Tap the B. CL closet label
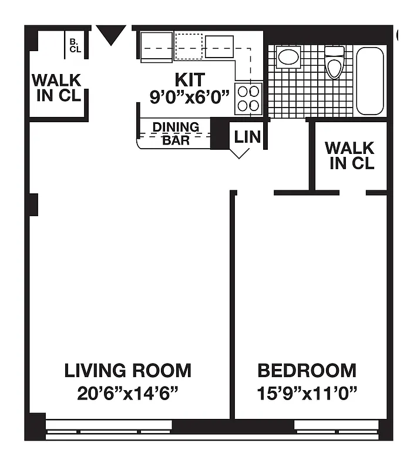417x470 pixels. (x=75, y=45)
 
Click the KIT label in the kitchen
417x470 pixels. (x=190, y=79)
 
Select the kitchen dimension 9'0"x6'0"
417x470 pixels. (x=189, y=97)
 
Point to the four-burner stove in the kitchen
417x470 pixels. (x=248, y=99)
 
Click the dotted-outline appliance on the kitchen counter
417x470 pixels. (x=189, y=46)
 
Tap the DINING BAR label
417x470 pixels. (x=176, y=133)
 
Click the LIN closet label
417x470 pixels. (x=247, y=137)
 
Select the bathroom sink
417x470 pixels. (x=288, y=57)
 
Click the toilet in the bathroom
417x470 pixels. (x=334, y=62)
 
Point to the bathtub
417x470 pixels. (x=370, y=81)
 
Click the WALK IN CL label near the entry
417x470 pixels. (x=57, y=88)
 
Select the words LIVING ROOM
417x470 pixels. (x=127, y=371)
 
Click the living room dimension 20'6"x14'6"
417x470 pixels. (x=127, y=392)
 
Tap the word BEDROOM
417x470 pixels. (x=307, y=371)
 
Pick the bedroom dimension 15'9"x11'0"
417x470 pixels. (x=307, y=392)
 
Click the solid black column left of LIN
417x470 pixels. (x=220, y=134)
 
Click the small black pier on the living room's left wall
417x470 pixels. (x=33, y=204)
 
